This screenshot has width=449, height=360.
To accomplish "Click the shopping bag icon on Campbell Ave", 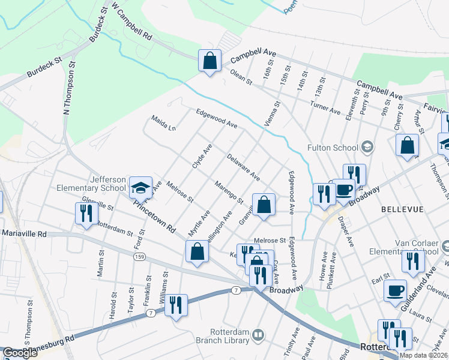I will tap(209, 61).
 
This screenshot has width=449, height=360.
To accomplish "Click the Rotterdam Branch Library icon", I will tap(258, 334).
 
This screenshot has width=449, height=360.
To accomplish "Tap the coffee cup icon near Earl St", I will tap(395, 292).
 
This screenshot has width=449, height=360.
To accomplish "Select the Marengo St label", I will tap(228, 191).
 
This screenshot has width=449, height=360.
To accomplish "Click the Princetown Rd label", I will tap(154, 215).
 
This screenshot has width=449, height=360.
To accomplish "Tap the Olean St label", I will tap(241, 76).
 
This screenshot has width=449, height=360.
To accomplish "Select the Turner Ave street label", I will tap(325, 108).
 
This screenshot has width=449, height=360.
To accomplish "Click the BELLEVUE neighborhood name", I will tap(402, 209).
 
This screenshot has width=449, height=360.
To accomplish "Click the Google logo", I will tap(20, 353).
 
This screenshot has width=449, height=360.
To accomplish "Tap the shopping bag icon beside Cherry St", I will tap(407, 146).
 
